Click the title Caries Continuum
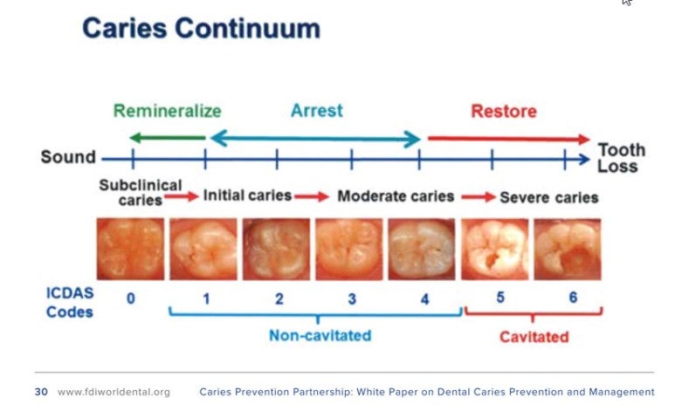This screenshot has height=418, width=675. click(x=201, y=29)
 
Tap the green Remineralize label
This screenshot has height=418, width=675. click(x=168, y=111)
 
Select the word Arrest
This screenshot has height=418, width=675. click(x=317, y=111)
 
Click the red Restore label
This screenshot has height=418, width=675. click(x=504, y=112)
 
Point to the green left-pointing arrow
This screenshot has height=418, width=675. click(x=168, y=138)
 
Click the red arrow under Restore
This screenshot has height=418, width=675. click(x=509, y=139)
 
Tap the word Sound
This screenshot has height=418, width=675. click(x=68, y=157)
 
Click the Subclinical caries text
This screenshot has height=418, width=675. click(x=141, y=192)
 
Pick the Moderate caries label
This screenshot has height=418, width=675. click(x=396, y=196)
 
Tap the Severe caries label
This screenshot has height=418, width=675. click(x=549, y=197)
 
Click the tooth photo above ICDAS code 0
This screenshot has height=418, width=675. click(x=130, y=249)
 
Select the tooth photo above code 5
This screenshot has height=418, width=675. click(x=494, y=250)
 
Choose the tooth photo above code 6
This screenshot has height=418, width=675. click(x=568, y=250)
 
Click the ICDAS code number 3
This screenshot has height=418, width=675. click(x=352, y=298)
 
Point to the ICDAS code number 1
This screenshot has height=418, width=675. click(x=207, y=298)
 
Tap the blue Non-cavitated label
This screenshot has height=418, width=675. click(x=320, y=335)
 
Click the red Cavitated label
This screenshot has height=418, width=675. click(x=534, y=337)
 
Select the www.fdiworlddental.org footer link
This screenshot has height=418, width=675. click(x=114, y=392)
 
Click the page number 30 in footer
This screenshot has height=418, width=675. click(x=41, y=392)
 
